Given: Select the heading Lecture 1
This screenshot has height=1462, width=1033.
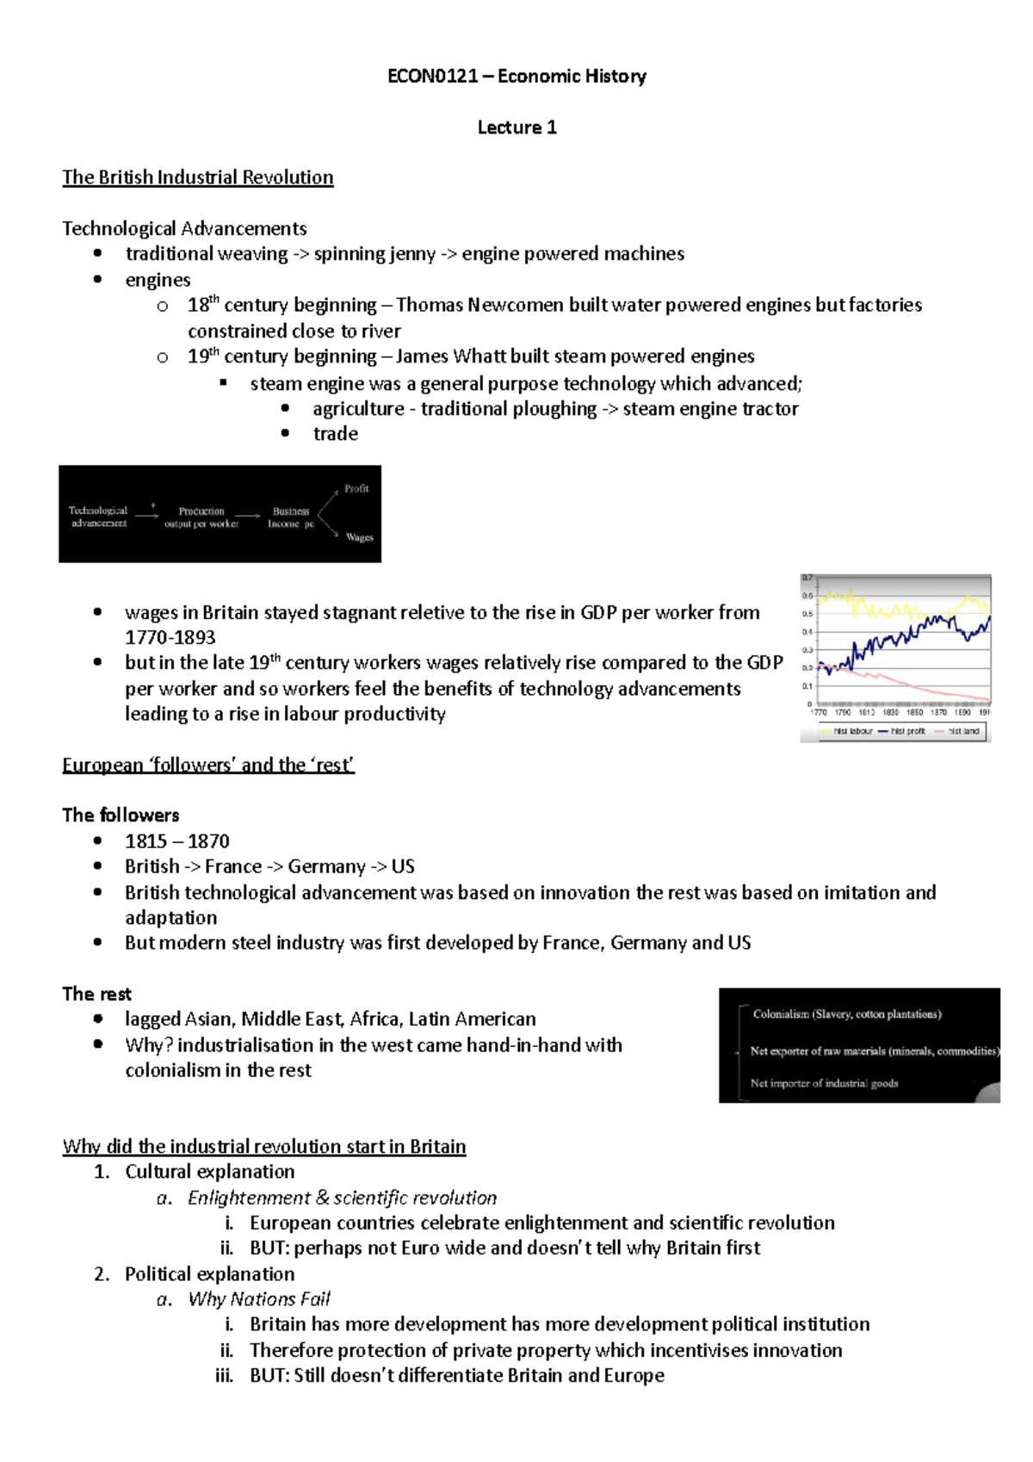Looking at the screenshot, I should click(x=516, y=127).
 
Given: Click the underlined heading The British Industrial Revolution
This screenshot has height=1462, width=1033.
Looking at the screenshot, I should click(x=197, y=177).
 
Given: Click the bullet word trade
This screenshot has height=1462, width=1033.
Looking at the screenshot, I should click(x=335, y=434).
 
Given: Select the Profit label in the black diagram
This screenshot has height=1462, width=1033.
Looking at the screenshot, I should click(x=356, y=488).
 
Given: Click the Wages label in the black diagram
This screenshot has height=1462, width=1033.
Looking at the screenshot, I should click(x=359, y=537).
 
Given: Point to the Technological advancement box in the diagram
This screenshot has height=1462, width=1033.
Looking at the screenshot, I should click(x=98, y=517).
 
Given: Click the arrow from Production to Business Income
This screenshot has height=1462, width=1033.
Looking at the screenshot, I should click(x=247, y=516).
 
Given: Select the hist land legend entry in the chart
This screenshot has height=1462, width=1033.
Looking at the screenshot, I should click(x=962, y=731).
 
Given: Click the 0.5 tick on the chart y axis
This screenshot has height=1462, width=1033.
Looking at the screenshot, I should click(x=807, y=614).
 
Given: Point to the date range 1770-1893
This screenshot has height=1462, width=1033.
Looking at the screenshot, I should click(x=170, y=638).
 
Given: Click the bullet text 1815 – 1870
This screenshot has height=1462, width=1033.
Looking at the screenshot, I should click(x=177, y=841).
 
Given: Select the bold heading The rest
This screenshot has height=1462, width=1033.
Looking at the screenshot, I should click(x=96, y=994).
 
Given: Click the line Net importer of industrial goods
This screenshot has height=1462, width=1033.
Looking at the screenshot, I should click(x=824, y=1083).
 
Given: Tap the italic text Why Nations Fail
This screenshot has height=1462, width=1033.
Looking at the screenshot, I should click(x=259, y=1299).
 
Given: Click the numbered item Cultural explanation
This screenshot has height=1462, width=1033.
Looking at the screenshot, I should click(x=209, y=1172).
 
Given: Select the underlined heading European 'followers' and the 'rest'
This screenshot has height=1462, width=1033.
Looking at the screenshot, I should click(x=208, y=765).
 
